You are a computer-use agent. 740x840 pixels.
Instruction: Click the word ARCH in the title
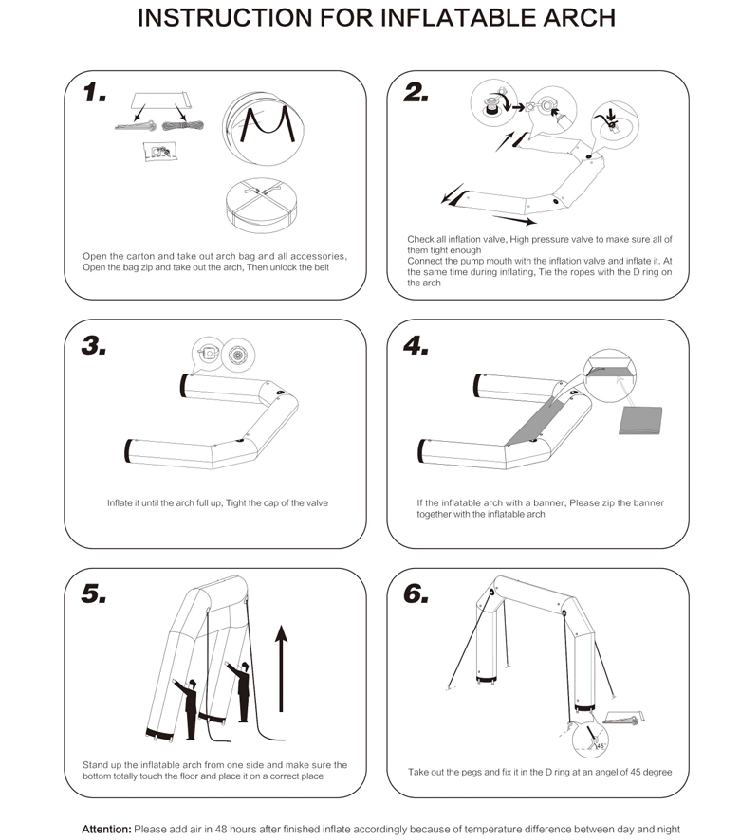point(579,18)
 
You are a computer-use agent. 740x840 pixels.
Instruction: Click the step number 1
point(94,92)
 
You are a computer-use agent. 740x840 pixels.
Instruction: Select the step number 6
point(416,593)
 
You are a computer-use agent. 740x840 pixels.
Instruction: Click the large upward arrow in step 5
point(281,668)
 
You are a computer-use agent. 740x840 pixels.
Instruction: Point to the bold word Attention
point(106,830)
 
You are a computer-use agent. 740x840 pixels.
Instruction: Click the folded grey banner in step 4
point(640,420)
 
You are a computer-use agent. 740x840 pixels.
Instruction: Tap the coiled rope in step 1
point(183,126)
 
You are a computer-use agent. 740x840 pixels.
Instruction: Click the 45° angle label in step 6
point(601,746)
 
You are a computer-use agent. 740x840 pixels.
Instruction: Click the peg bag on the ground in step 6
point(623,718)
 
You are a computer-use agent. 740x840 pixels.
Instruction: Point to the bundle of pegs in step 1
point(135,126)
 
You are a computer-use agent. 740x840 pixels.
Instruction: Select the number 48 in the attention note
point(221,830)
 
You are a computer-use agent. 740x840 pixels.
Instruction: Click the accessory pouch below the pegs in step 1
point(159,152)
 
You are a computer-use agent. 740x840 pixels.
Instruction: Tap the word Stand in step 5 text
point(95,765)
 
